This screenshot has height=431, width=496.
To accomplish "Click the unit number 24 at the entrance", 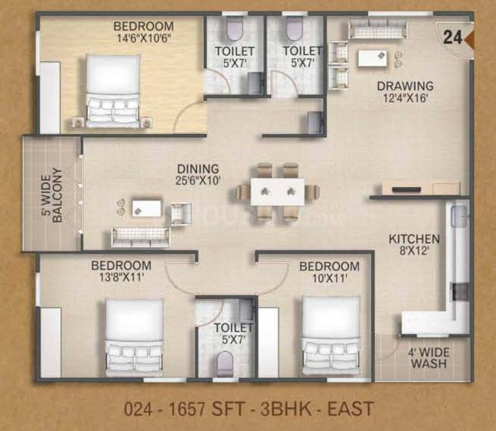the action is click(x=453, y=37).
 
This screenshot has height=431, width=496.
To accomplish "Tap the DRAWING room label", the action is click(x=405, y=86).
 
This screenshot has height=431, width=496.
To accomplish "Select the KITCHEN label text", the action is click(x=414, y=239).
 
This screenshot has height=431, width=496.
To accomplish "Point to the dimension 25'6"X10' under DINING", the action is click(x=198, y=181).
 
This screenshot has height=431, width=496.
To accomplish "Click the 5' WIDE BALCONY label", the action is click(x=52, y=195).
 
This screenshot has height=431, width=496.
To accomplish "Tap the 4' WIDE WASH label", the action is click(x=429, y=358).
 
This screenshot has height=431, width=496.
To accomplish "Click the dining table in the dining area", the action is click(x=278, y=192).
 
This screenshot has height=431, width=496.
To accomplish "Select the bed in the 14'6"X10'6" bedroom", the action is click(x=113, y=91).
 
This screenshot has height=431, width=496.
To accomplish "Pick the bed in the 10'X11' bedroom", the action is click(x=331, y=336).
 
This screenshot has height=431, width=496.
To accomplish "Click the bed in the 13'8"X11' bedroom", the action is click(x=135, y=337).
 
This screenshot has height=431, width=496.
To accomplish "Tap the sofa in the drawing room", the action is click(x=377, y=30).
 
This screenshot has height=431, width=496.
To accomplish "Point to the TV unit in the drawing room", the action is click(x=421, y=189).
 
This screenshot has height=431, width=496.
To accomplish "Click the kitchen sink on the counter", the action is click(x=459, y=216).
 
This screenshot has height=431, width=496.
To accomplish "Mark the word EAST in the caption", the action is click(x=351, y=409).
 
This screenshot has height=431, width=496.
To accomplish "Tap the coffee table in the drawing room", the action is click(x=373, y=58).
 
